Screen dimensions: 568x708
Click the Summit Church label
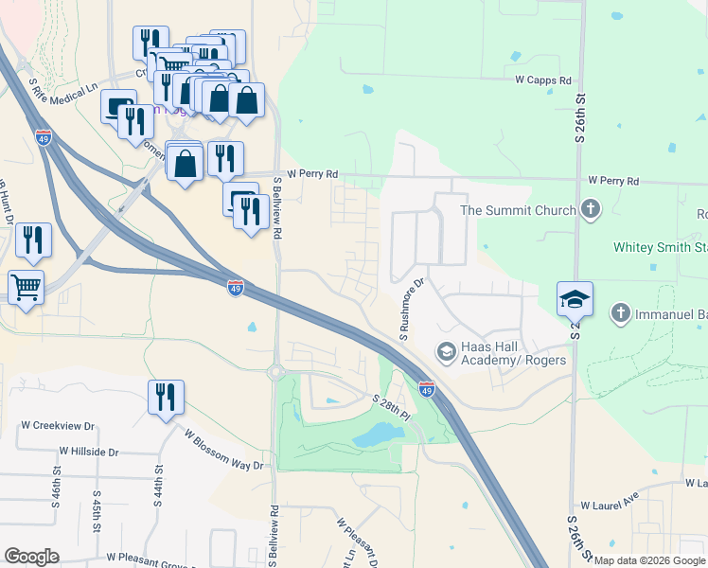[518, 209]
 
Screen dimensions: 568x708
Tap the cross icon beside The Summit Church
[591, 208]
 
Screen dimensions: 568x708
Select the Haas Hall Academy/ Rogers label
[514, 353]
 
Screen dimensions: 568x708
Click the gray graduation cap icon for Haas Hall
[446, 352]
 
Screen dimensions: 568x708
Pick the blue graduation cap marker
[575, 299]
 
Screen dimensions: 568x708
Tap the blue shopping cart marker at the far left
[26, 287]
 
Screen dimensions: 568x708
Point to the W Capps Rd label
[543, 81]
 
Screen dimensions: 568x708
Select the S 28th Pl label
[391, 408]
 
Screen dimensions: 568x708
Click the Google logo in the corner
[31, 557]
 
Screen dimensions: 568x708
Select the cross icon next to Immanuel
[620, 311]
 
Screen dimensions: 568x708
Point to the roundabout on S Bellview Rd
[277, 373]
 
